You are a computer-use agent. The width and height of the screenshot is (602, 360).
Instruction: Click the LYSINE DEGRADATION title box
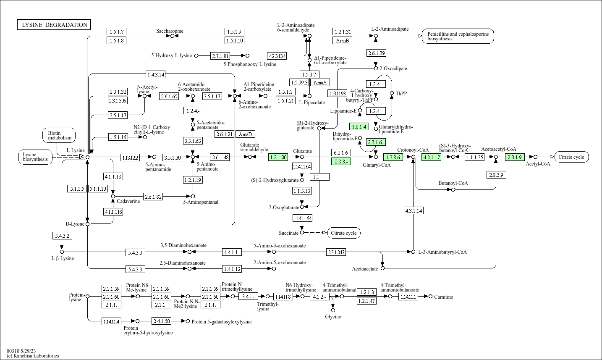pyautogui.click(x=54, y=25)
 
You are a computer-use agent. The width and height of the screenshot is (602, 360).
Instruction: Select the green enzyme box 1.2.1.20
pyautogui.click(x=278, y=157)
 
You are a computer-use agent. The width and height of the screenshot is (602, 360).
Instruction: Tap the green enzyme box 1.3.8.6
pyautogui.click(x=393, y=157)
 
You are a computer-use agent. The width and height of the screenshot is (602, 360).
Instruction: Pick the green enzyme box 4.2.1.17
pyautogui.click(x=432, y=157)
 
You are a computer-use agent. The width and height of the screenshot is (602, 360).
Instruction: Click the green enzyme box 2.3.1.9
pyautogui.click(x=514, y=157)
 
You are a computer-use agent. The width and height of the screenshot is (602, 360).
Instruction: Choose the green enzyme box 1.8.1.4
pyautogui.click(x=359, y=126)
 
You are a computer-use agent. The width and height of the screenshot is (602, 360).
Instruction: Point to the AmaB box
pyautogui.click(x=342, y=40)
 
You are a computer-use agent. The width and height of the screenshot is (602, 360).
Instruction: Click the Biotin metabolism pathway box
pyautogui.click(x=59, y=135)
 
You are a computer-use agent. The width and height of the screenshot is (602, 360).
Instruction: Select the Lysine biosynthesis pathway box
pyautogui.click(x=35, y=157)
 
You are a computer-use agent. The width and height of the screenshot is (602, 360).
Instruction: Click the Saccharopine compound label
pyautogui.click(x=170, y=31)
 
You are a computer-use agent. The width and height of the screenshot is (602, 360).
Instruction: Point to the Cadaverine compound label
pyautogui.click(x=128, y=201)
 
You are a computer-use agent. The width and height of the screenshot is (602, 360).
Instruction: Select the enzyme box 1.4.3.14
pyautogui.click(x=155, y=74)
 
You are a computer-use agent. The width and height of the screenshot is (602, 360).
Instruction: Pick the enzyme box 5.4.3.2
pyautogui.click(x=62, y=236)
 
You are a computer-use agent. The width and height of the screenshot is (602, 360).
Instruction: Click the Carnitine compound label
pyautogui.click(x=443, y=297)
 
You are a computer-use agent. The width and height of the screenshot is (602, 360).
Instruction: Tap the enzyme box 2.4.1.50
pyautogui.click(x=162, y=321)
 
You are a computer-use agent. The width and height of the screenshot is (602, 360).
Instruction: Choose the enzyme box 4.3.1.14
pyautogui.click(x=413, y=210)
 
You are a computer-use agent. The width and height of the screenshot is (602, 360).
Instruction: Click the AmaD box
pyautogui.click(x=245, y=134)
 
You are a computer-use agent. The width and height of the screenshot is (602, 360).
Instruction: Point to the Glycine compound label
pyautogui.click(x=333, y=317)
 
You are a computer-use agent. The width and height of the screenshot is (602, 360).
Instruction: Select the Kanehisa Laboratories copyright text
pyautogui.click(x=33, y=356)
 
